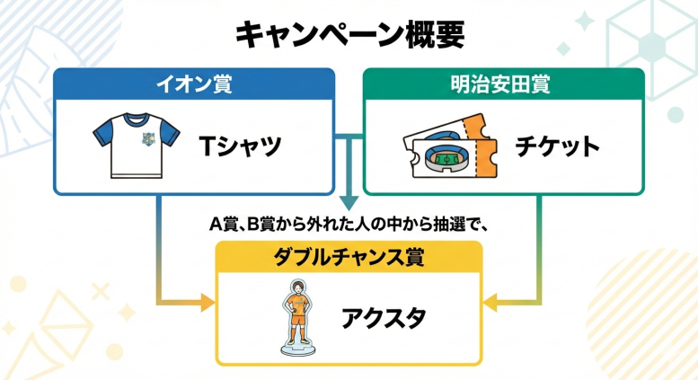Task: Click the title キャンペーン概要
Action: (349, 35)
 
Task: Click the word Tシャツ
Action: (240, 146)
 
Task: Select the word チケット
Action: (557, 146)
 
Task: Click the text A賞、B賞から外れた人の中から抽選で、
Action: (349, 224)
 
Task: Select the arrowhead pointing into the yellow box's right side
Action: (490, 302)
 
